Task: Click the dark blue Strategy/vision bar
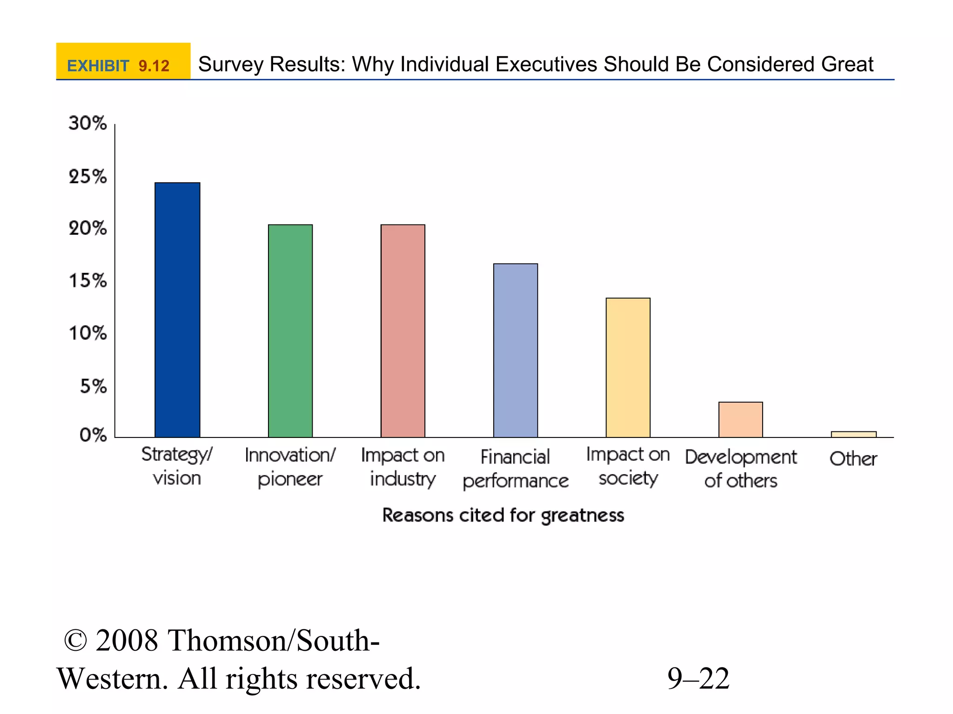tap(177, 310)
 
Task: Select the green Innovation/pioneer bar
tap(290, 331)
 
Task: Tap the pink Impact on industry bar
tap(403, 331)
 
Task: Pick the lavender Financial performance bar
tap(516, 350)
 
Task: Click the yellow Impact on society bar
tap(628, 367)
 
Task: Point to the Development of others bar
tap(741, 419)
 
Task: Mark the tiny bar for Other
tap(854, 434)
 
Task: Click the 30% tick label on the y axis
tap(87, 123)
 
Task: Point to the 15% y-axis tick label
tap(87, 281)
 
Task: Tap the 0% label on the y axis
tap(93, 435)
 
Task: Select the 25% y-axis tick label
tap(87, 177)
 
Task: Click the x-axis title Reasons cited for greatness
tap(503, 516)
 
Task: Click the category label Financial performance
tap(516, 469)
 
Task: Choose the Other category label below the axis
tap(853, 459)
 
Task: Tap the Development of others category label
tap(741, 469)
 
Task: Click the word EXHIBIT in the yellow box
tap(98, 66)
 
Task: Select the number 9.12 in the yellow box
tap(154, 66)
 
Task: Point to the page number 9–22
tap(698, 679)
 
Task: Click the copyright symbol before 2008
tap(75, 641)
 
